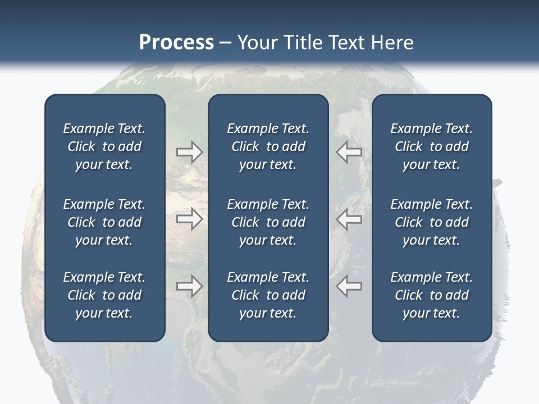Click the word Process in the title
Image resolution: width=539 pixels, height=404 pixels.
(176, 43)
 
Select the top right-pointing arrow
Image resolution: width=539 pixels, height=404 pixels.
(189, 152)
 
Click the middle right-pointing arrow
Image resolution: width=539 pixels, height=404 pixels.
(189, 219)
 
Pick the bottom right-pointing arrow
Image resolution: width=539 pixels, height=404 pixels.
(189, 286)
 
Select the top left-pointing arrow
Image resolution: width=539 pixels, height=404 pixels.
(349, 152)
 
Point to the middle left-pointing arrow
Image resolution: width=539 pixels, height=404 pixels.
(349, 219)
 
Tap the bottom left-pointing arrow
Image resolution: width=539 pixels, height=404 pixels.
(349, 286)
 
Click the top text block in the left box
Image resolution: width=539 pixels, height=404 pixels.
(104, 146)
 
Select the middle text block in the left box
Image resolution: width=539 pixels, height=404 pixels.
(104, 222)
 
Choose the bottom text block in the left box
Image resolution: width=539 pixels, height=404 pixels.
(104, 295)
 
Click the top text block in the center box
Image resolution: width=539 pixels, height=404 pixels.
(268, 146)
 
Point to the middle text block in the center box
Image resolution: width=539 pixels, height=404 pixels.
(268, 222)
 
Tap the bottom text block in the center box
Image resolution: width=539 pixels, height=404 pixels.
(268, 295)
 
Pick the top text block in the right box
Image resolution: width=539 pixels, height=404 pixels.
(431, 146)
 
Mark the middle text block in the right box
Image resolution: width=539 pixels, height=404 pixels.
(431, 222)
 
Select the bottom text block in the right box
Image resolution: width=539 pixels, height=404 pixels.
(431, 295)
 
